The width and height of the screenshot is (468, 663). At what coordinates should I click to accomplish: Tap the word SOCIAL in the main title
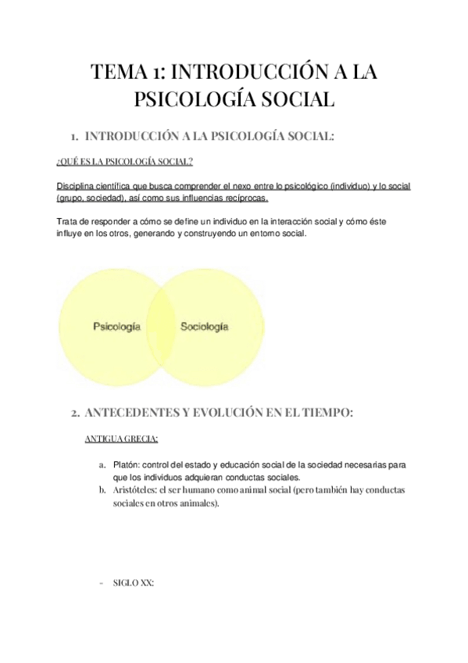coord(295,101)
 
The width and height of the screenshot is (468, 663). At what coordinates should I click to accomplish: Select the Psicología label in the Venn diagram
coord(116,326)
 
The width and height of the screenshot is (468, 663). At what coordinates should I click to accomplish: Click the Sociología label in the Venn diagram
coord(205,326)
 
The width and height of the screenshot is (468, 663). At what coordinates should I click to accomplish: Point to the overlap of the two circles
coord(161,327)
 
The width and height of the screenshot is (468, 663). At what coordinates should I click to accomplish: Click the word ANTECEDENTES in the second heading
coord(134,412)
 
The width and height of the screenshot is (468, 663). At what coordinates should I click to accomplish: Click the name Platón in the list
coord(125,465)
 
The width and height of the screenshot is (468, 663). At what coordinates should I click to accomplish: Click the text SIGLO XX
coord(134,582)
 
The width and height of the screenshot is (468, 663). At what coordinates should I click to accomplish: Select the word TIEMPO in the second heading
coord(328,412)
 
